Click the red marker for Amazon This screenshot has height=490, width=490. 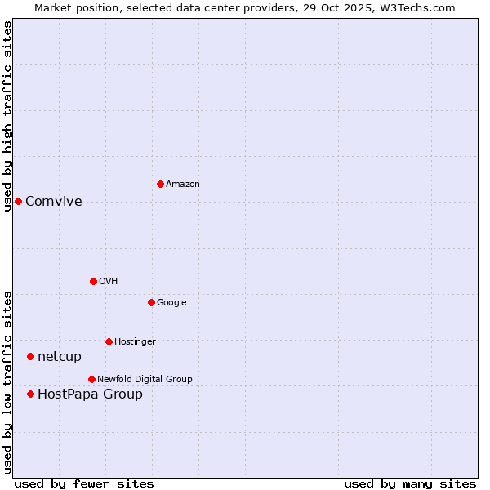coord(160,184)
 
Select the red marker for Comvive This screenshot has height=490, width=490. coord(18,201)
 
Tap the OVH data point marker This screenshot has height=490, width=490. coord(93,281)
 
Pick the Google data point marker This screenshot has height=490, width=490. coord(151,302)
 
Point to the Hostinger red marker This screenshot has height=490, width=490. coord(109,341)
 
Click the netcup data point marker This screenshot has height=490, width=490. coord(30,356)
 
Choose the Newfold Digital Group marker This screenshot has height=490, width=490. coord(91,379)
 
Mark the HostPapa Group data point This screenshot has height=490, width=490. coord(30,394)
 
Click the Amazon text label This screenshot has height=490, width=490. coord(182,185)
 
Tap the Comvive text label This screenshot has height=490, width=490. coord(54,202)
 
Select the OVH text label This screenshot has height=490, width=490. coord(108,282)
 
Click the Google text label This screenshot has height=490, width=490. coord(171,303)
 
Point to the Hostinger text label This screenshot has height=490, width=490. coord(135,342)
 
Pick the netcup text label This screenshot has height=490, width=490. coord(60,357)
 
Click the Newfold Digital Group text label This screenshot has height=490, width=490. coord(145,380)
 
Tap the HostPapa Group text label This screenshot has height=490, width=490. coord(90,394)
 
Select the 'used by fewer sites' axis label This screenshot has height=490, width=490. coord(84,483)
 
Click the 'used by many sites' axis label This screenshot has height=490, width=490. coord(410,483)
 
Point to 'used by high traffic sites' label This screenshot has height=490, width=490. coord(8,116)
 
